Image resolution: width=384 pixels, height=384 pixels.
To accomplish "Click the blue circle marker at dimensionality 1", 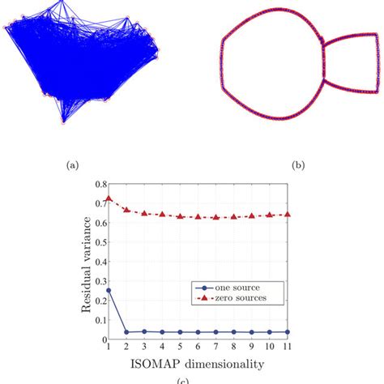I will pyautogui.click(x=109, y=289).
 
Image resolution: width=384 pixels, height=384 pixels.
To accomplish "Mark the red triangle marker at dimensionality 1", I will pyautogui.click(x=109, y=198).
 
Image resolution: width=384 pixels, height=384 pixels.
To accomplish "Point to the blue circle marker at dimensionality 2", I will pyautogui.click(x=126, y=332).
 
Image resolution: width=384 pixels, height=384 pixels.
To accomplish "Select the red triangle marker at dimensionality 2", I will pyautogui.click(x=126, y=210).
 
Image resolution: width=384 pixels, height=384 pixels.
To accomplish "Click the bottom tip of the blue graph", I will pyautogui.click(x=63, y=122).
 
